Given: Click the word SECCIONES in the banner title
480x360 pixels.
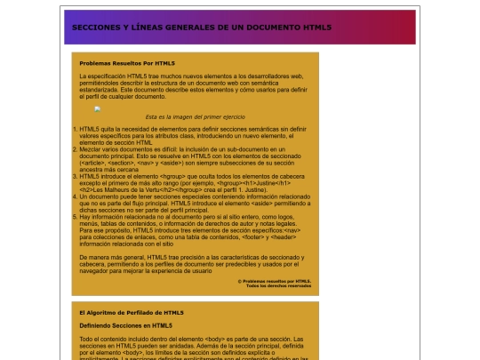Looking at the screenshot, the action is click(x=92, y=28).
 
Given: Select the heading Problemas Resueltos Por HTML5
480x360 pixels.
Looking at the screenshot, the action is click(x=126, y=64).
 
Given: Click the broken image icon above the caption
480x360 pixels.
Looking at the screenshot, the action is click(x=98, y=109).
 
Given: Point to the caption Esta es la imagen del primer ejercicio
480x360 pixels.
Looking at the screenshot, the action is click(x=194, y=116).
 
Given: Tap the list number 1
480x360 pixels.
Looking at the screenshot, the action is click(x=74, y=129).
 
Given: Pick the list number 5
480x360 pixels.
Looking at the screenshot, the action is click(x=74, y=216).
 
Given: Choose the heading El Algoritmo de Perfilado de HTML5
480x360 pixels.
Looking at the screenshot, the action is click(x=131, y=312).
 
